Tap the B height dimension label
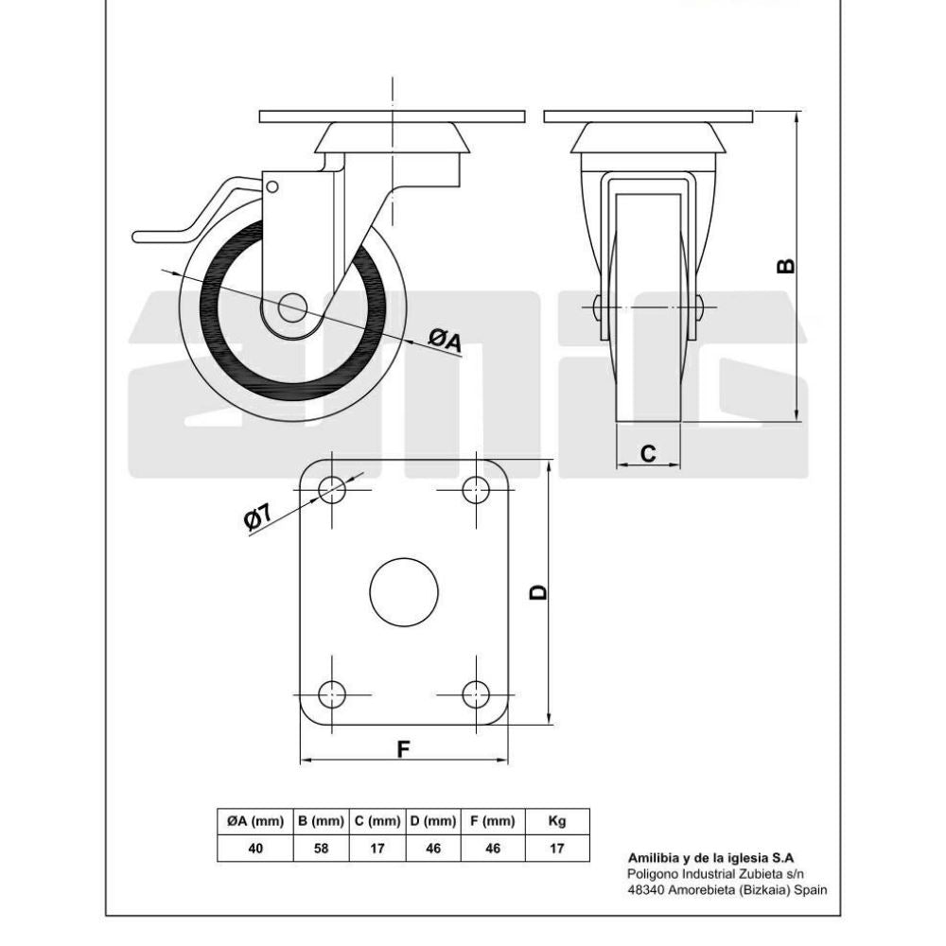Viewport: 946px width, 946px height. (784, 266)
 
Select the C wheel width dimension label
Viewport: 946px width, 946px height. (648, 454)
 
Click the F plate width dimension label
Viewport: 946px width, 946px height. (403, 748)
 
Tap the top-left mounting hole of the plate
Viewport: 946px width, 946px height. (332, 489)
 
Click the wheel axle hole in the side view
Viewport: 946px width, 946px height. (292, 307)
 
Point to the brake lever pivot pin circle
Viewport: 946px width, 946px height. (272, 186)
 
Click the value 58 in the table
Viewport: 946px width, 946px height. (322, 849)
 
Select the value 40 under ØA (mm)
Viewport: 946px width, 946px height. (255, 849)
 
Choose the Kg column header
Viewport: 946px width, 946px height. (557, 821)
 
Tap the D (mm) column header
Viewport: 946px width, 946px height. (433, 821)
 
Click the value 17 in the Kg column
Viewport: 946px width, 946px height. (557, 849)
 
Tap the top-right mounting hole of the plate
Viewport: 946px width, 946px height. (476, 489)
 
